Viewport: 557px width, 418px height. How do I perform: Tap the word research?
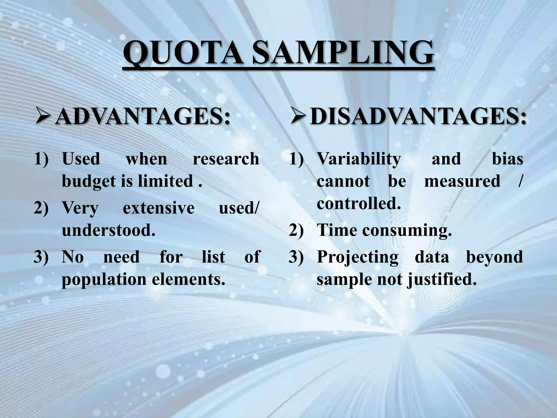point(226,159)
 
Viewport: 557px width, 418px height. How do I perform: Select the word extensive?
point(159,208)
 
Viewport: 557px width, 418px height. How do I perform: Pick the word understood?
point(109,230)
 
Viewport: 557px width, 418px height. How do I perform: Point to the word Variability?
point(359,159)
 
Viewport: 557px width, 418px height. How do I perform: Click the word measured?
point(462,181)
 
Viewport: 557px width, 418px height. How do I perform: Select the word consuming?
point(407,230)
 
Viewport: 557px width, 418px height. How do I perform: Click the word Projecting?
point(357,257)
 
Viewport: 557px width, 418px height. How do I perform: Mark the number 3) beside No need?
point(41,257)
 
